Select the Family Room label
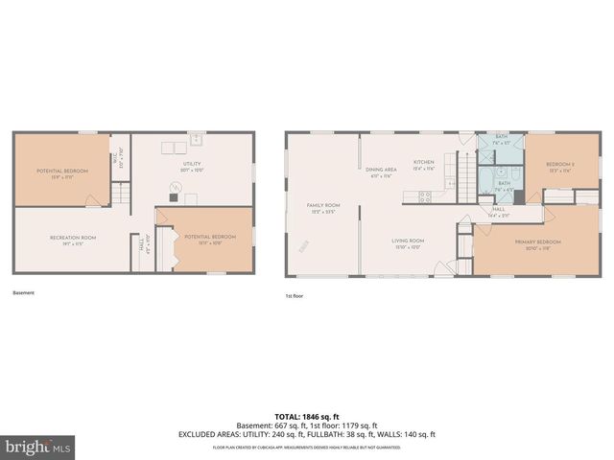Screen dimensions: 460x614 323,208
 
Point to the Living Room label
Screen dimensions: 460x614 408,244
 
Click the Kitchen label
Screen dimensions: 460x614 424,165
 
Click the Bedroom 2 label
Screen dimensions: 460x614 560,167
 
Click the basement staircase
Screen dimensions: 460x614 119,196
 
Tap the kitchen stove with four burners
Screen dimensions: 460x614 424,196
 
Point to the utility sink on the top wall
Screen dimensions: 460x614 198,140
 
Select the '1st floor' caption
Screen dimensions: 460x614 295,296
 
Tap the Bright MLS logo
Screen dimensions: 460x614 38,447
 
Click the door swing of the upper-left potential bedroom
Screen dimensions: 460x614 91,200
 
